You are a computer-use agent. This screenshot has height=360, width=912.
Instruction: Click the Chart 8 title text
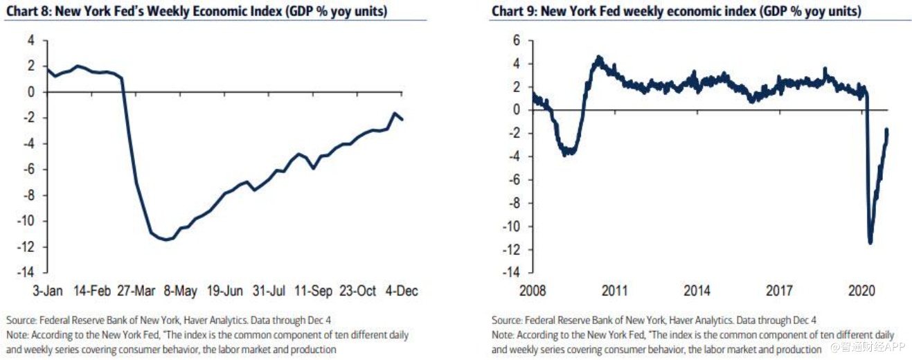coord(196,12)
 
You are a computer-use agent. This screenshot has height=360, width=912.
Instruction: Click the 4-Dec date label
coord(402,291)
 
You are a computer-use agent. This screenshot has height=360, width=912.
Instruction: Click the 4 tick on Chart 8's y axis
coord(31,40)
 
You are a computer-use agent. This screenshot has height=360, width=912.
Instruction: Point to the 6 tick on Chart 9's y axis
coord(515,40)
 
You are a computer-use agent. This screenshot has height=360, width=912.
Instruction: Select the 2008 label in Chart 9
coord(533,291)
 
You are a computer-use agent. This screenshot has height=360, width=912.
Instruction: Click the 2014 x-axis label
coord(696,291)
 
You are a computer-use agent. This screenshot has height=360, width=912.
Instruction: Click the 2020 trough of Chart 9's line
coord(870,242)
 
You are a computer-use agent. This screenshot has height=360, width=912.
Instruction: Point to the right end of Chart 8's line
coord(403,120)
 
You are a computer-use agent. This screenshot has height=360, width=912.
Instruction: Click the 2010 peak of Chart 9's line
coord(599,57)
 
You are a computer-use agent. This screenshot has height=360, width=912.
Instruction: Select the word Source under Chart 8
coord(21,321)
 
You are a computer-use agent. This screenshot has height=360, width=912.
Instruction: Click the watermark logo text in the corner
coord(868,345)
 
